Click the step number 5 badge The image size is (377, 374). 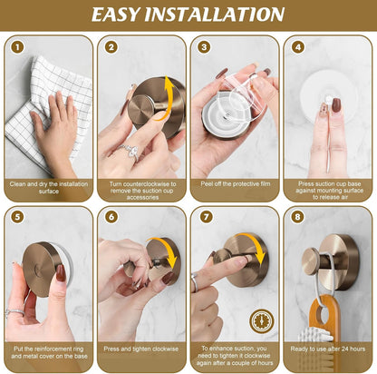16,218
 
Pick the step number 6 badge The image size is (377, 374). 111,218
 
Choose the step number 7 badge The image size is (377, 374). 205,218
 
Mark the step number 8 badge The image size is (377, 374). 298,218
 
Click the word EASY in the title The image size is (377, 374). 128,14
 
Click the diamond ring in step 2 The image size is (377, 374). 130,152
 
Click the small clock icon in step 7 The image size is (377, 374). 263,320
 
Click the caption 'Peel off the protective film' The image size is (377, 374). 234,182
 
